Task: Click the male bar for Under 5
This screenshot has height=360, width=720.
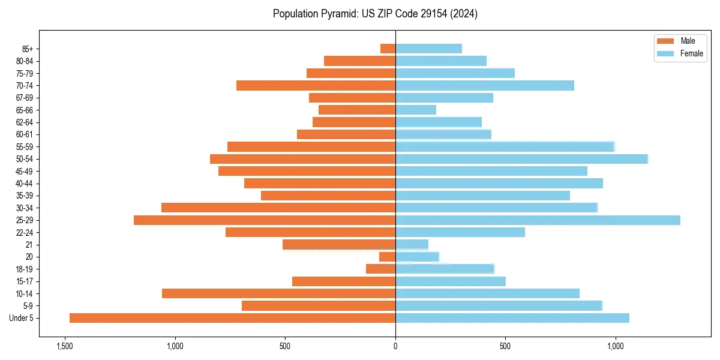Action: point(232,318)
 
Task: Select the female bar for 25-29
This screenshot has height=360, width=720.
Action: point(538,220)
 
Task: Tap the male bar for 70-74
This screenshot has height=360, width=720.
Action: point(316,85)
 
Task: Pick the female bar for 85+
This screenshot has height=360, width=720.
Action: point(428,49)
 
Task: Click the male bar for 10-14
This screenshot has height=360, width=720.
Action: point(278,293)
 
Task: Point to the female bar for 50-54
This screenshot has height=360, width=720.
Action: point(521,159)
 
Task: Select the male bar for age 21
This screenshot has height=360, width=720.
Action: point(339,244)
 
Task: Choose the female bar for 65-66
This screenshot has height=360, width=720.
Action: point(416,110)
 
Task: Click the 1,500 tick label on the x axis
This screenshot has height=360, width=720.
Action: point(64,346)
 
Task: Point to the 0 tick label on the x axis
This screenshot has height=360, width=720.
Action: point(395,346)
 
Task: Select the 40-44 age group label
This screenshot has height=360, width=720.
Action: point(25,184)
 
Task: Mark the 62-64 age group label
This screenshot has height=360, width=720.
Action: point(25,122)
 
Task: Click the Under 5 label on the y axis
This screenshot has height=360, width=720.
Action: point(22,318)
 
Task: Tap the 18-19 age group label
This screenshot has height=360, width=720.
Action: point(25,269)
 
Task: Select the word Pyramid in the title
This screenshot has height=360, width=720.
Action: point(337,14)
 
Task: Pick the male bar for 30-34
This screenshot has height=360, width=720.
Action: point(278,208)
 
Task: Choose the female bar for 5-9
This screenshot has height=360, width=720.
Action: point(499,306)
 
